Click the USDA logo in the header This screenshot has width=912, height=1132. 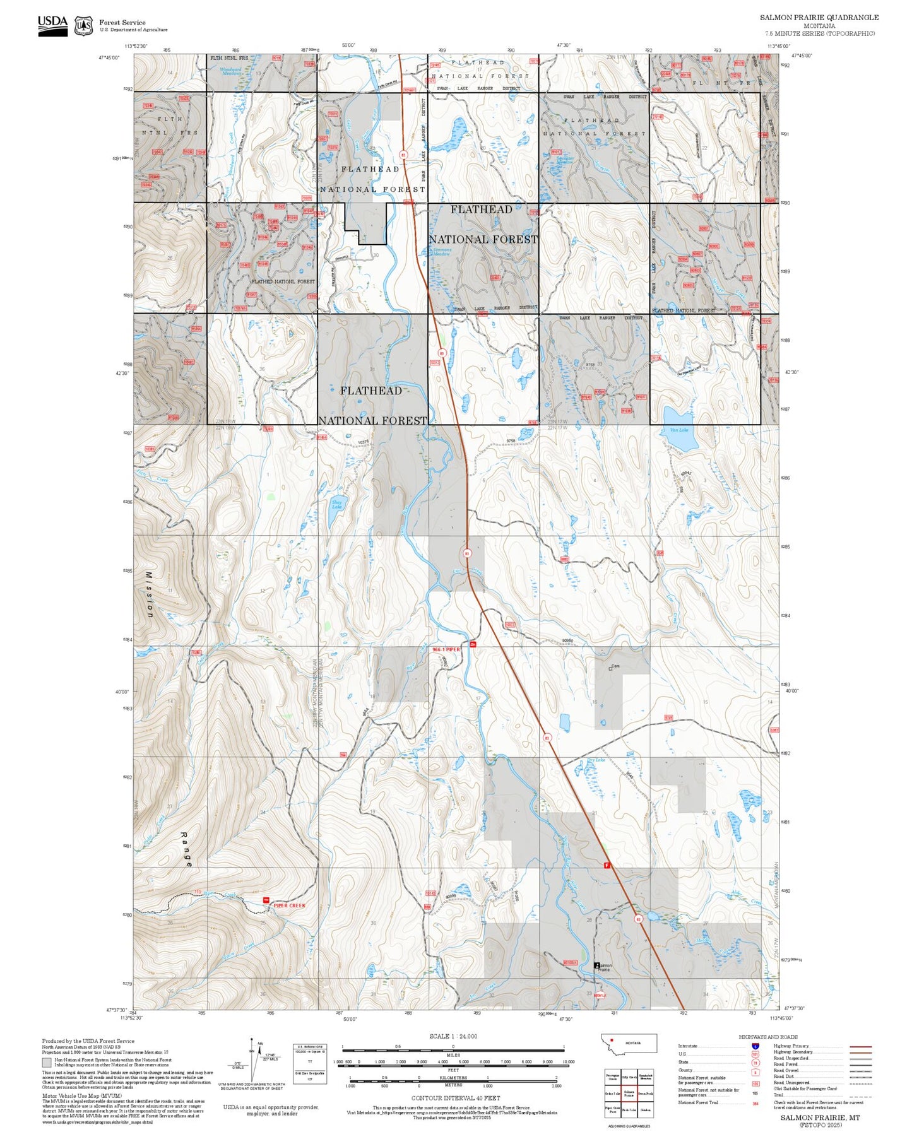52,25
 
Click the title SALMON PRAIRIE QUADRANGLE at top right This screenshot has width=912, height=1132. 819,18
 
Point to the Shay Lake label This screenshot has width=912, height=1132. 337,504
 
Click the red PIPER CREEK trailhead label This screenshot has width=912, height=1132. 290,905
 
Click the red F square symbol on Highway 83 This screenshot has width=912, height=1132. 607,864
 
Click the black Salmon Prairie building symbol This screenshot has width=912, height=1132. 597,965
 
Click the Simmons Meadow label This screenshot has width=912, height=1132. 442,252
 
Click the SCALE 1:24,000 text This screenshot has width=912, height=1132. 453,1036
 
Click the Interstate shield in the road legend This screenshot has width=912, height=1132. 755,1046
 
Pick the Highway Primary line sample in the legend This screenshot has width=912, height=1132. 861,1046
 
